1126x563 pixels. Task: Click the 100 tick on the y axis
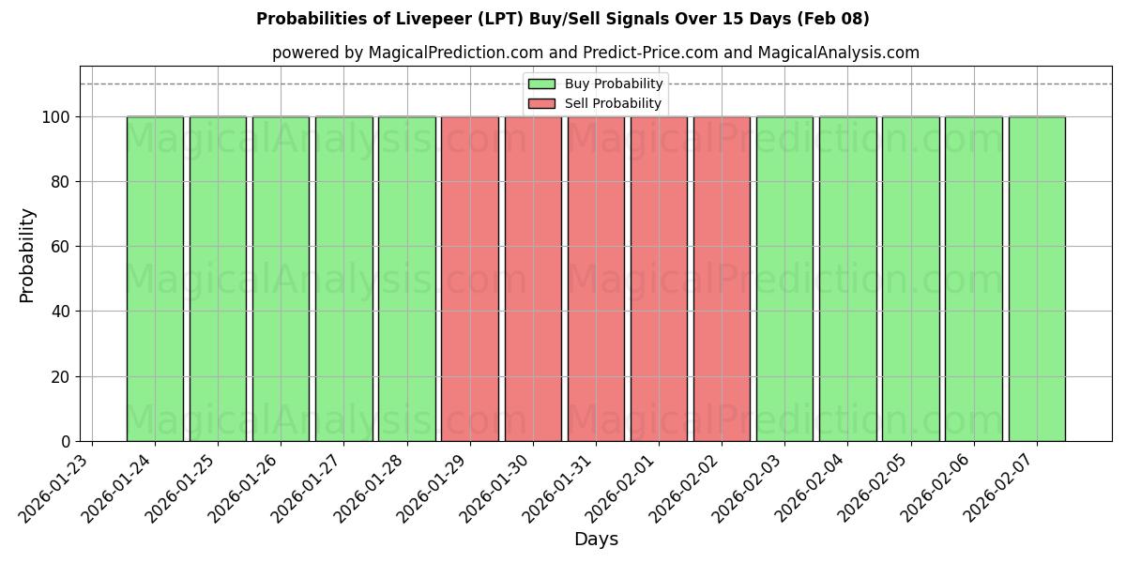point(55,117)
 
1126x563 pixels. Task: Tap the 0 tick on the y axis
point(65,441)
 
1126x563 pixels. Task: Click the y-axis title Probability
point(27,254)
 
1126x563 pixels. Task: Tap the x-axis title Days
point(596,540)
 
